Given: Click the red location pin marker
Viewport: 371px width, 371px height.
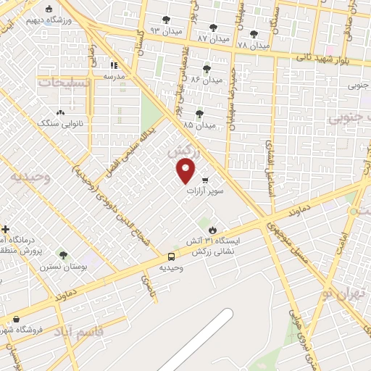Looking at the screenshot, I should pos(186,170).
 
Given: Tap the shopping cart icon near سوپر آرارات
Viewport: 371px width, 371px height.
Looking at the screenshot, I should pos(205,180).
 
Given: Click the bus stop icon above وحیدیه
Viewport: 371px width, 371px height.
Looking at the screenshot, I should pos(172,257).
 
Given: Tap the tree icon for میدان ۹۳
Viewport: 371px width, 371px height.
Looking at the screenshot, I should pos(166,20).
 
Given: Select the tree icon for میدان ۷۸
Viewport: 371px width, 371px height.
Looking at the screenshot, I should pos(254,33).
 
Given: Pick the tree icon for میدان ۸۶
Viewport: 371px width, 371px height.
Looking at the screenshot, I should pos(207,69).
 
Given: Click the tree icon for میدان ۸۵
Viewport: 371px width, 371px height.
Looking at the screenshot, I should pos(199,113).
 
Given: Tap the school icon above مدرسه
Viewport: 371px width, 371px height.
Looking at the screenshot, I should pos(114,65).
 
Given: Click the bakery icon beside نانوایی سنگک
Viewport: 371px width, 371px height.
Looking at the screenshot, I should pos(60,112).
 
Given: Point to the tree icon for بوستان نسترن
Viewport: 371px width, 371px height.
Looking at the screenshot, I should pos(63,255).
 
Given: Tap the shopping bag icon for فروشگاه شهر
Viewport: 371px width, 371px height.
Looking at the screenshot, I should pos(16,319).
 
